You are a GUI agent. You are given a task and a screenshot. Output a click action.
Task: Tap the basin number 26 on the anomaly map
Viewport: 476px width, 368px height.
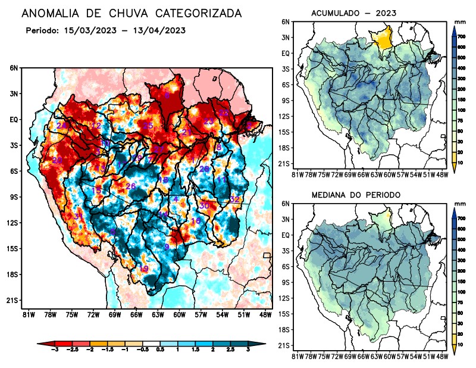pyautogui.click(x=131, y=186)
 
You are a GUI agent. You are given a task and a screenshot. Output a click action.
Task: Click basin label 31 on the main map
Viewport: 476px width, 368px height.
pyautogui.click(x=78, y=216)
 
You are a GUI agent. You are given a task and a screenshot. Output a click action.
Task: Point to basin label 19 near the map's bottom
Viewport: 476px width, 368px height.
pyautogui.click(x=144, y=269)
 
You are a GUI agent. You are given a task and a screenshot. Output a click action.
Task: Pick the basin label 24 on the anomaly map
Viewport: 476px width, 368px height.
pyautogui.click(x=62, y=126)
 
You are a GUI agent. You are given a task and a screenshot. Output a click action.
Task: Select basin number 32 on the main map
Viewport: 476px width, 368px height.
pyautogui.click(x=234, y=199)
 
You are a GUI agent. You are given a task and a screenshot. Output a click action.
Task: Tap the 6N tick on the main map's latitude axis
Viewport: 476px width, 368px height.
pyautogui.click(x=14, y=68)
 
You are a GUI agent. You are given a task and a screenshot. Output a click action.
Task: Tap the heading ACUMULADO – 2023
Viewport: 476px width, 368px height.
pyautogui.click(x=353, y=13)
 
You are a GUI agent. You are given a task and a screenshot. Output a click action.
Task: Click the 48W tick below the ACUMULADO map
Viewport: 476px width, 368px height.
pyautogui.click(x=442, y=174)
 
